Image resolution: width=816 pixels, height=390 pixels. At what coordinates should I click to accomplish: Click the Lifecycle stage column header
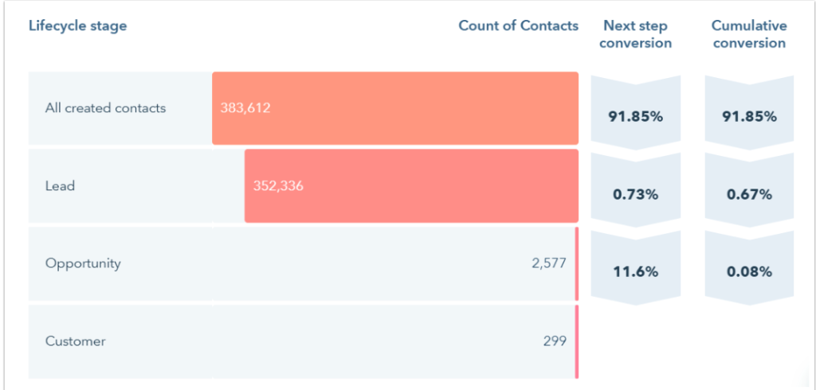77,25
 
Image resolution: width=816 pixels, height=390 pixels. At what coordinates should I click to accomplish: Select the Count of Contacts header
518,25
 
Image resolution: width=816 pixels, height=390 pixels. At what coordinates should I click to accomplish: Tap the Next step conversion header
635,34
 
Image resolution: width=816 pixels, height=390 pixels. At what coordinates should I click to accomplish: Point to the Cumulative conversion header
749,34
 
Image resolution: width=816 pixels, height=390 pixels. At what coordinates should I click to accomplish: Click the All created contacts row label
105,108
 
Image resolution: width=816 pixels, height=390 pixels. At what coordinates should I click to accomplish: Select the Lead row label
60,186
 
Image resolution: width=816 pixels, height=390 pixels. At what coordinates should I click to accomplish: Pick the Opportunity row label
83,263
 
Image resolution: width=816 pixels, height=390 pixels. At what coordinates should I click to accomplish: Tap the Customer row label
75,341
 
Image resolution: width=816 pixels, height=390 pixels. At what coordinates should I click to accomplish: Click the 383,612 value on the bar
245,108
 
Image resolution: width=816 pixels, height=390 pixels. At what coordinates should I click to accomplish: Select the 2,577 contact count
549,263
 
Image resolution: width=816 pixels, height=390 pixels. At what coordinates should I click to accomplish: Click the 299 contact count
555,341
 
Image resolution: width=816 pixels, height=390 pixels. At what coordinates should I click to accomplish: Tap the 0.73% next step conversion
635,194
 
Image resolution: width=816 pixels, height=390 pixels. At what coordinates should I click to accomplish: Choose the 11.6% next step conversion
635,271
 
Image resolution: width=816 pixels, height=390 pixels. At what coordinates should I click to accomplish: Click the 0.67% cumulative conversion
749,194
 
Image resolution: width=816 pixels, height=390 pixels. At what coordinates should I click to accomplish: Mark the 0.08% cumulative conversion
749,271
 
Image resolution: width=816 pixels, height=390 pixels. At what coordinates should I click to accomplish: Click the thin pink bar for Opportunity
576,263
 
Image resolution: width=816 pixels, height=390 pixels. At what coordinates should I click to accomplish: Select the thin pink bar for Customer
576,341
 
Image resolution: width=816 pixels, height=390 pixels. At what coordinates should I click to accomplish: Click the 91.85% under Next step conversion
635,116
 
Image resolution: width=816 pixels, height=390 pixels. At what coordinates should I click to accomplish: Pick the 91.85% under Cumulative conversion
749,116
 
